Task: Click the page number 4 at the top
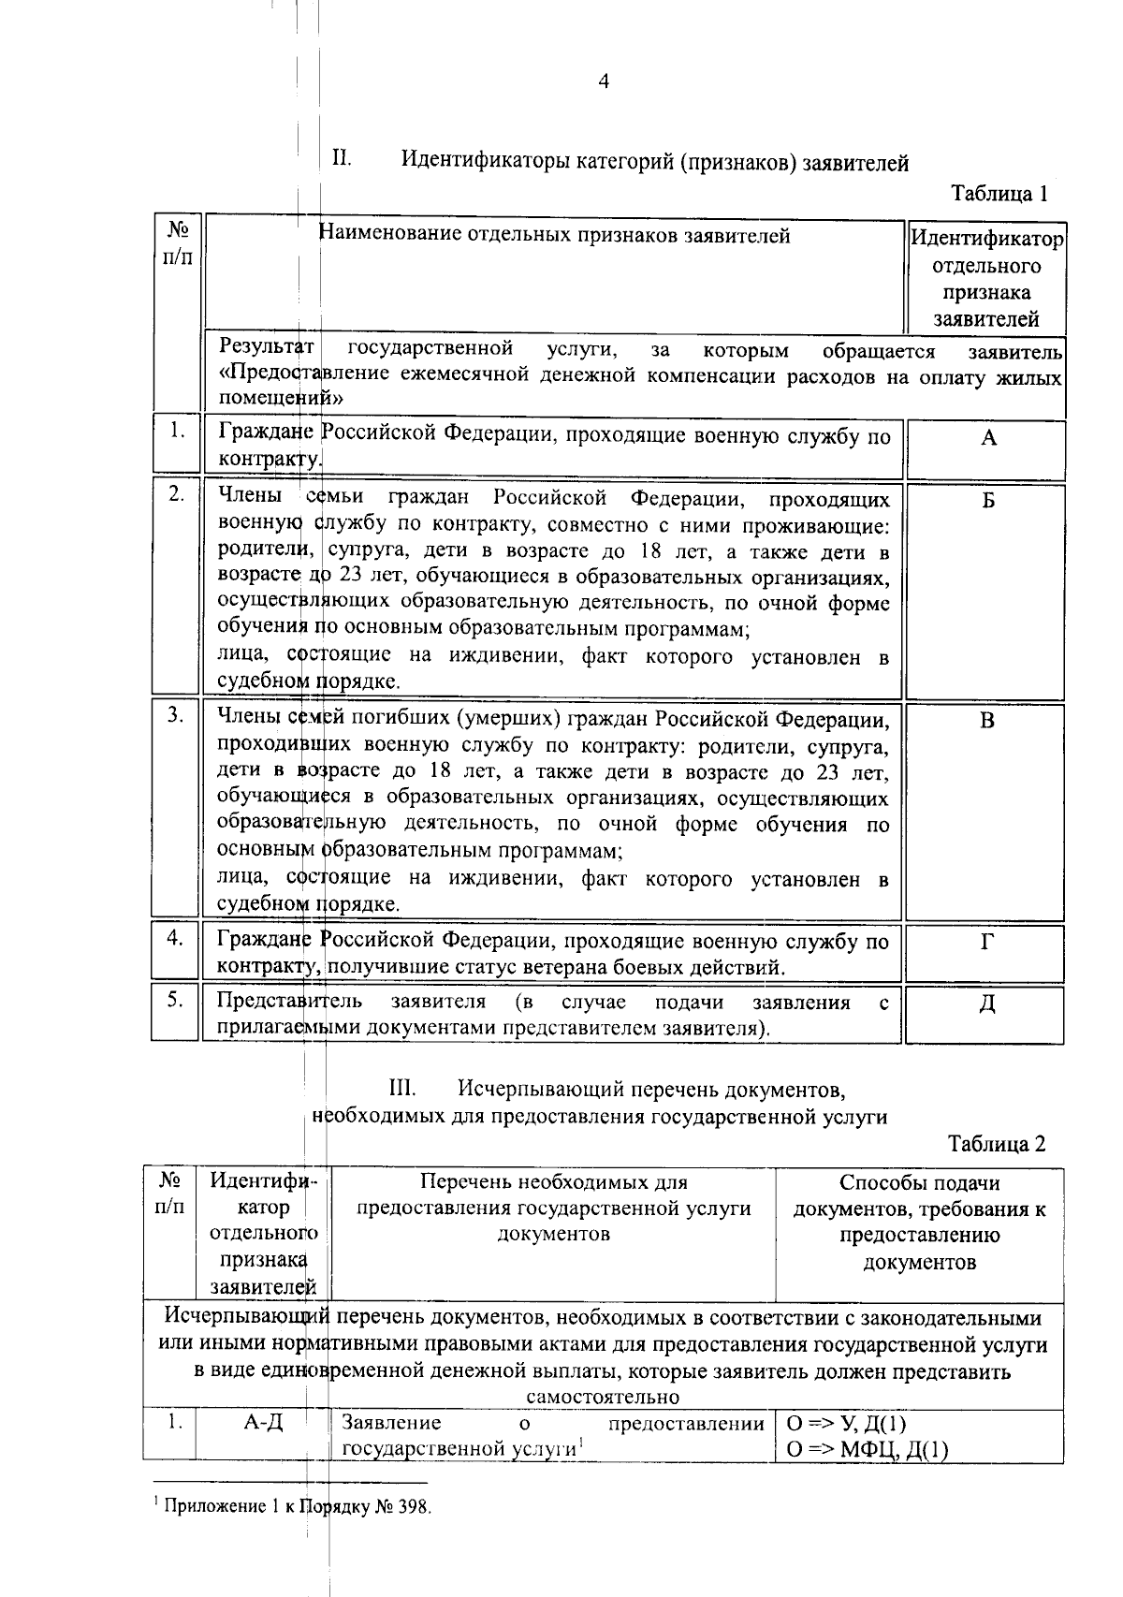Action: (x=604, y=82)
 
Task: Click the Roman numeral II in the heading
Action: (x=341, y=158)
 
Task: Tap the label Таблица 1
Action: (x=998, y=194)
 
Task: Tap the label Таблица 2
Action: (x=996, y=1144)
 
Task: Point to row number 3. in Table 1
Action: (x=175, y=716)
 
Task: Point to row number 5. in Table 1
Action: (x=175, y=1000)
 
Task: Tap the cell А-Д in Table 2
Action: (x=263, y=1423)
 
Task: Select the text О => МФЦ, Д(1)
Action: (x=867, y=1450)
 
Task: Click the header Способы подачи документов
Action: (x=919, y=1195)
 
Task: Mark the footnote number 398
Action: (x=413, y=1507)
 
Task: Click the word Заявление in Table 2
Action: (x=391, y=1424)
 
